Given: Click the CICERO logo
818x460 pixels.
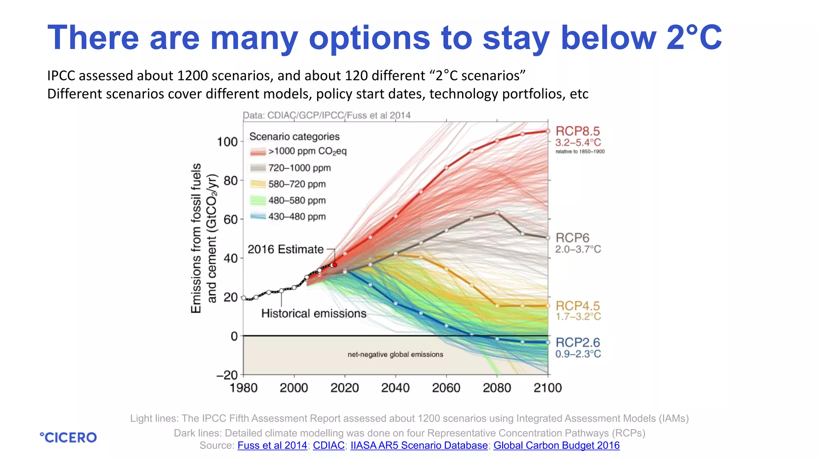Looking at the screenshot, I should [x=68, y=438].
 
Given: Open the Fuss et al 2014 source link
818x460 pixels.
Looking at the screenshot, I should [x=272, y=446].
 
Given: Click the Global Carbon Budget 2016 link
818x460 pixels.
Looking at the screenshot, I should [x=556, y=446].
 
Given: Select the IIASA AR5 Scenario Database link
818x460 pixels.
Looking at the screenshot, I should [x=419, y=446].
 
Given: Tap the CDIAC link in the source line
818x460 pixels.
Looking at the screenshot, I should [x=328, y=446].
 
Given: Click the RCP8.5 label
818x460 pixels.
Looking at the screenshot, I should [x=578, y=131].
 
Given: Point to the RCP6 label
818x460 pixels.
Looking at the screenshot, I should [x=572, y=238].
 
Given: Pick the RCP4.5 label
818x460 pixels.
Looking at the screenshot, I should [x=578, y=306].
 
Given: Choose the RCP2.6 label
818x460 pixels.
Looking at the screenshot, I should [x=578, y=343].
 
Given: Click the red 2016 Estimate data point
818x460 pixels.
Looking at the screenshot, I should [x=335, y=265].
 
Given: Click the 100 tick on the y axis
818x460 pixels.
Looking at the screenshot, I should [x=227, y=142].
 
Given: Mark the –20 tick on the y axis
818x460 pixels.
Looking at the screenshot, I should [x=227, y=375].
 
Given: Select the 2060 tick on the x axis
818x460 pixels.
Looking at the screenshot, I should [x=446, y=388].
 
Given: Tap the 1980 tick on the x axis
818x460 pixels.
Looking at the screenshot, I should [x=243, y=388].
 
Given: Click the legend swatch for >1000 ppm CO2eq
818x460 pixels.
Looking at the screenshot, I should [x=258, y=152].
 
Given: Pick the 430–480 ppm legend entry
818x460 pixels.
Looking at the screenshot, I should [x=297, y=217].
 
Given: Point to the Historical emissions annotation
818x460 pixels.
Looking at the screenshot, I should [x=314, y=313].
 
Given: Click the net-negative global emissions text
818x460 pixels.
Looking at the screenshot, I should [x=395, y=355].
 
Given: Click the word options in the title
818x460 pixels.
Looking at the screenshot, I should [x=369, y=38].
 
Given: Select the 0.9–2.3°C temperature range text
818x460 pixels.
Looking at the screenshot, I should [x=578, y=354].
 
